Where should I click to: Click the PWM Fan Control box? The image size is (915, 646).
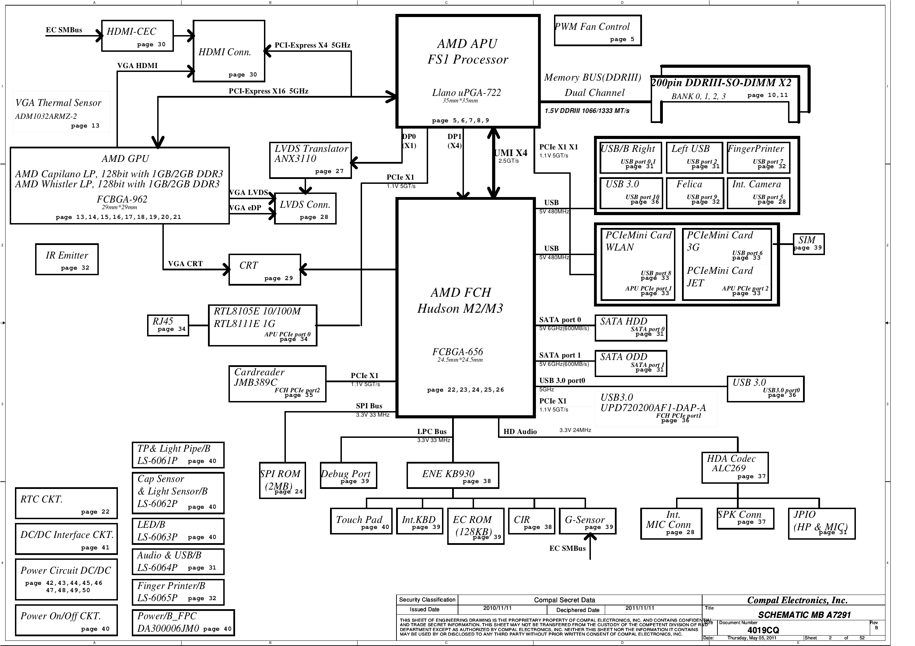597,31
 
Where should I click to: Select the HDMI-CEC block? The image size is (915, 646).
137,36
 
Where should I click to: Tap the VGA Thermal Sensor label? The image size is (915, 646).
58,103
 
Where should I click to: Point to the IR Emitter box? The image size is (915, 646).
66,259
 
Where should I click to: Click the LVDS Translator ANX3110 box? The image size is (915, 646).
311,160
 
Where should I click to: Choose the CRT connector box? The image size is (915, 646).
265,270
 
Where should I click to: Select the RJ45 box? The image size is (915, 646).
168,325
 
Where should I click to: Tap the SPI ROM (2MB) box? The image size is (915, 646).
282,480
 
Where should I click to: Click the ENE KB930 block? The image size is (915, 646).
453,475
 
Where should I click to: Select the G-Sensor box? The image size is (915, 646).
587,521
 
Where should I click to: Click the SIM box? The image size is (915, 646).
808,244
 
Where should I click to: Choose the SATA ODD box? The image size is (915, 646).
631,363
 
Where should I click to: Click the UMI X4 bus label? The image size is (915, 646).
511,153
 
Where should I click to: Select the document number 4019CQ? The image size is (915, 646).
763,630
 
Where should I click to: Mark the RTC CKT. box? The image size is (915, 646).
66,503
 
